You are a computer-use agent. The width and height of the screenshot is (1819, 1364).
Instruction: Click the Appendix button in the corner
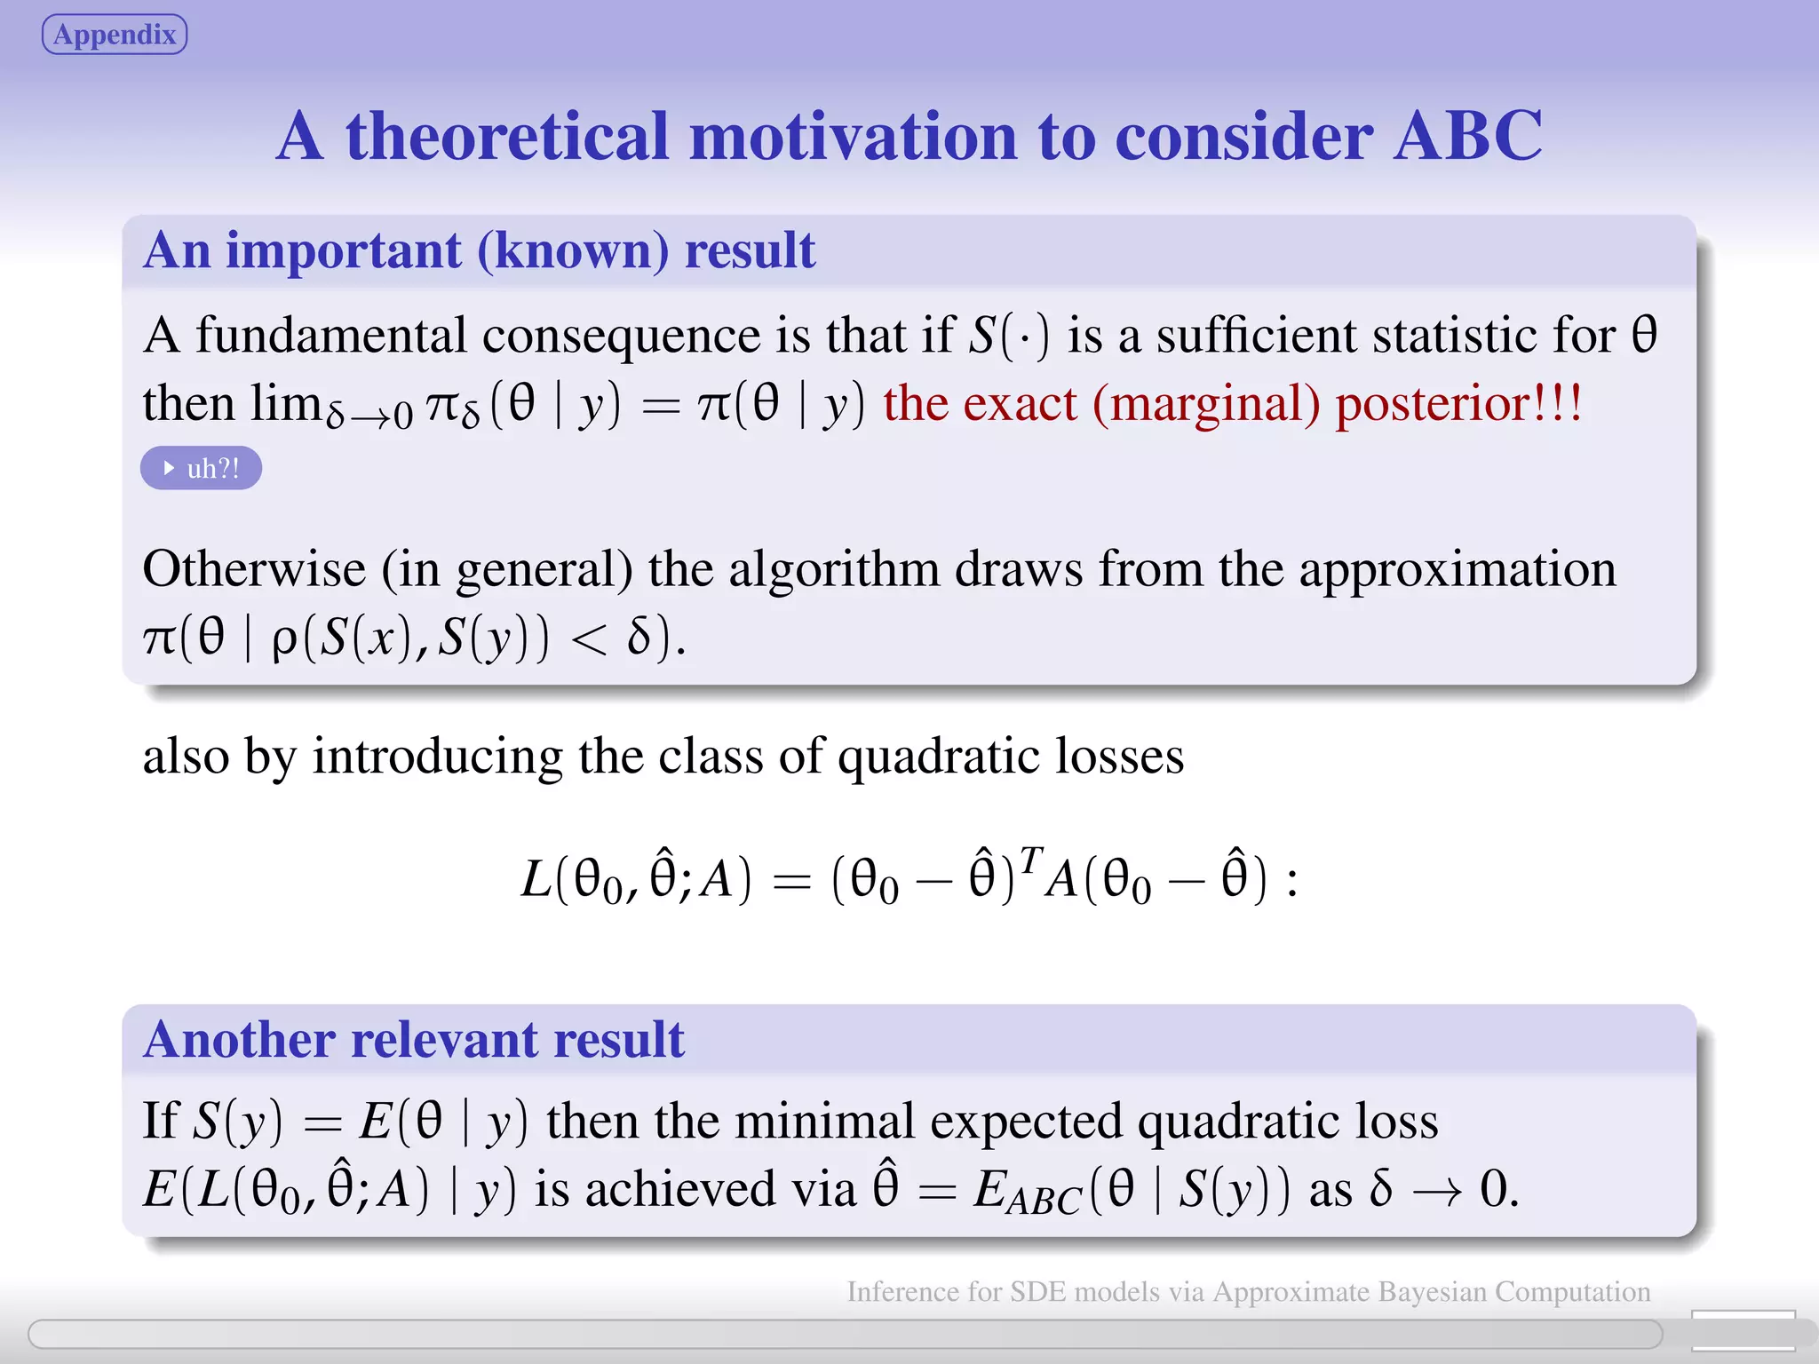pos(115,35)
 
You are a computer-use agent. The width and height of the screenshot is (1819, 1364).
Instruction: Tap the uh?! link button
pos(201,468)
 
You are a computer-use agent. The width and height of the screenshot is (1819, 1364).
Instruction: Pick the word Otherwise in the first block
pos(254,568)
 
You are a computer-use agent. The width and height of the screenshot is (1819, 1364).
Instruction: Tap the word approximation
pos(1458,570)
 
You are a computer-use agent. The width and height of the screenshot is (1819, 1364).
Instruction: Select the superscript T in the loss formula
pos(1030,859)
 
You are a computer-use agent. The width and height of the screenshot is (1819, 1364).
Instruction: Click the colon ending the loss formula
pos(1291,882)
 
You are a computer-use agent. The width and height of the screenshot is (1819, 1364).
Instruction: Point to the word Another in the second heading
pos(239,1039)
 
